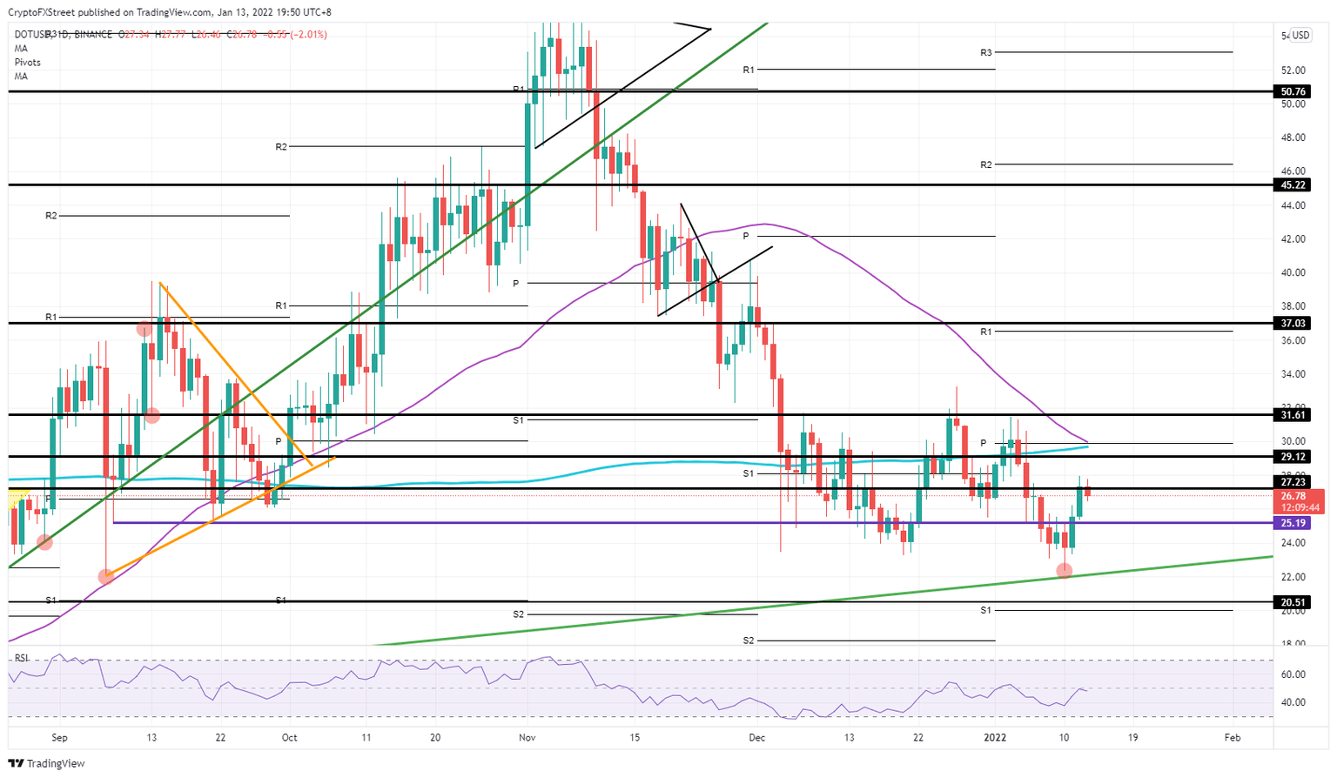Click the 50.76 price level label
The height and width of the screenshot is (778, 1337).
click(1293, 91)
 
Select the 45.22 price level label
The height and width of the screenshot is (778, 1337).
click(1293, 185)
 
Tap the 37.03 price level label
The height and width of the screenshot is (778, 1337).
click(1293, 323)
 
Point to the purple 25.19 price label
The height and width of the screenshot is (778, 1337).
click(1293, 523)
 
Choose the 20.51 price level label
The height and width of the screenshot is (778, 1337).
click(1293, 602)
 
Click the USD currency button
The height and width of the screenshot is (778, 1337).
click(1300, 36)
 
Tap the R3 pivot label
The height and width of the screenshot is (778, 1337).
click(985, 53)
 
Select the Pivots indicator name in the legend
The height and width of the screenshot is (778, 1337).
click(27, 63)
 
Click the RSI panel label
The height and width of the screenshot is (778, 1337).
click(21, 658)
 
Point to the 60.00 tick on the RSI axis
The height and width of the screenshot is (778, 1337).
click(1293, 674)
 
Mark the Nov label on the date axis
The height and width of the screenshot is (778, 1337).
click(527, 737)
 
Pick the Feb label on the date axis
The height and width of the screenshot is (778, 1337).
click(1232, 737)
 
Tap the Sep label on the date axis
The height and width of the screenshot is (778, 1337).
click(59, 737)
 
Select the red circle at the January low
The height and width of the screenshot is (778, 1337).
click(1064, 571)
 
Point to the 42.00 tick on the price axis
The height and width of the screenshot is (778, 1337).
click(1293, 239)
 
